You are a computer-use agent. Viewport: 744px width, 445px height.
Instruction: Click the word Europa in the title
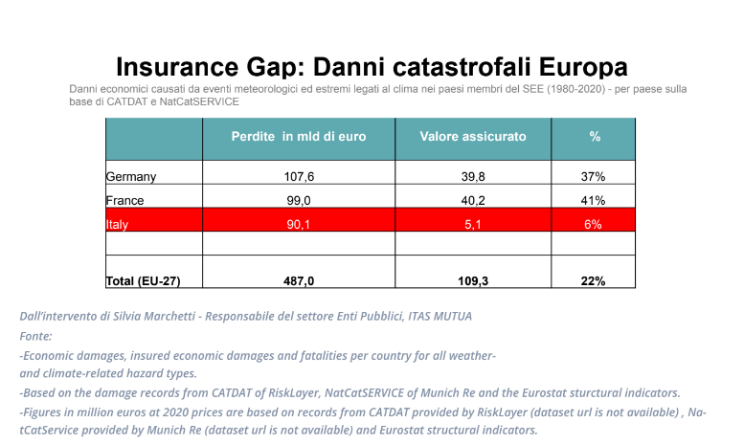click(583, 66)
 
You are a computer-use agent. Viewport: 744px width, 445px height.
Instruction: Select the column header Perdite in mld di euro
click(299, 137)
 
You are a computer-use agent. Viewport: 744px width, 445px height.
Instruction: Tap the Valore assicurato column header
click(473, 137)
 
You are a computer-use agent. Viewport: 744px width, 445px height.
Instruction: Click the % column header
click(595, 137)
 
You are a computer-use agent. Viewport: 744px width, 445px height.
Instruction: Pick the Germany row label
click(131, 177)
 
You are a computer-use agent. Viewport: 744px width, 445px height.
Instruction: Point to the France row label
click(124, 201)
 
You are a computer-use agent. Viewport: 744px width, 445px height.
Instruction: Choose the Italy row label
click(117, 224)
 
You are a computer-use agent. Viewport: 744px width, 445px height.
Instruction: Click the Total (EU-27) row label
click(143, 281)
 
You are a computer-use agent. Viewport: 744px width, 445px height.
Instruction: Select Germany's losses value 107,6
click(299, 177)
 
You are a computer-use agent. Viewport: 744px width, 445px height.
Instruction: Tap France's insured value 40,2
click(473, 201)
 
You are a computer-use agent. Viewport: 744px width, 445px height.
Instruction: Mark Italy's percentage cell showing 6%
click(593, 224)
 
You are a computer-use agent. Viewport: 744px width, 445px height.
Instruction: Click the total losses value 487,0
click(299, 281)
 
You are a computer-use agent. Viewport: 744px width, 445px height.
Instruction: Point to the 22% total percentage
click(593, 281)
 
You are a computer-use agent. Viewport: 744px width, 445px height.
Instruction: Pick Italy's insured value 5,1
click(473, 224)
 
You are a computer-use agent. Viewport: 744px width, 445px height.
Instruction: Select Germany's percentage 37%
click(593, 177)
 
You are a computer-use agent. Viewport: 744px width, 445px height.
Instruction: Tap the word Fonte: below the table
click(35, 336)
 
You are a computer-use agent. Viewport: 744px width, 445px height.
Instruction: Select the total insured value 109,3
click(473, 281)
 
